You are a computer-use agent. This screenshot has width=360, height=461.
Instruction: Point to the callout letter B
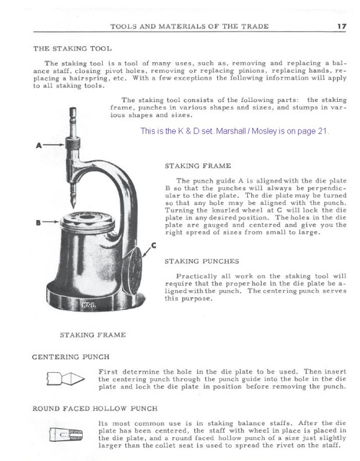[x=37, y=222]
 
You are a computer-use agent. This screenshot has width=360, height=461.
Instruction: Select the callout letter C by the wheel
[x=154, y=245]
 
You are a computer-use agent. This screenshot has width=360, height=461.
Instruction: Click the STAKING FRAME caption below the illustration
[x=92, y=335]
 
